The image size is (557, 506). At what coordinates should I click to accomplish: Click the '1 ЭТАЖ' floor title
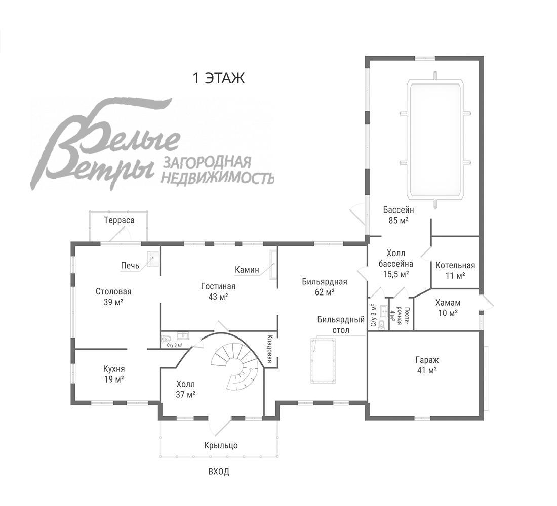(x=218, y=78)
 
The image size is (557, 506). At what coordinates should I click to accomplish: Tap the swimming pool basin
(x=435, y=140)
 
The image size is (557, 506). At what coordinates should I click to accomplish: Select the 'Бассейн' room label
(x=399, y=209)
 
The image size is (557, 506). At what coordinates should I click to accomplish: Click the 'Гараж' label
(x=426, y=360)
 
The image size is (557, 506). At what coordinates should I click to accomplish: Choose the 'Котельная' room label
(x=455, y=266)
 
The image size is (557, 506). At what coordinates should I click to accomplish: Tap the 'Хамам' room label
(x=448, y=303)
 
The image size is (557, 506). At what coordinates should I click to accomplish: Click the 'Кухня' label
(x=114, y=369)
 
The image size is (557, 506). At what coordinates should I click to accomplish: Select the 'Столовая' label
(x=113, y=291)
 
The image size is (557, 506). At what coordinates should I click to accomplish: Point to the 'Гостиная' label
(x=218, y=286)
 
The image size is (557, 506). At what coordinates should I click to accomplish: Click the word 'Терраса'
(x=119, y=220)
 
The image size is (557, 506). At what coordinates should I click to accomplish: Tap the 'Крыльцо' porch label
(x=221, y=445)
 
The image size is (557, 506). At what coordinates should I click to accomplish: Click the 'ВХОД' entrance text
(x=219, y=472)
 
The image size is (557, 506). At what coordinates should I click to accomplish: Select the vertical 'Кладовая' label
(x=270, y=349)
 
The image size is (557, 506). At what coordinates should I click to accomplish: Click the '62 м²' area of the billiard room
(x=325, y=292)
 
